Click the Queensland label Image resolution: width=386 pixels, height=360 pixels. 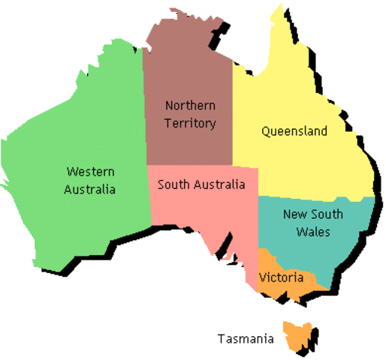[x=294, y=131]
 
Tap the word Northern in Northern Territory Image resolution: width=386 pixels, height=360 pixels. [x=190, y=106]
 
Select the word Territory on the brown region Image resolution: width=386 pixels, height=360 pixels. [x=190, y=123]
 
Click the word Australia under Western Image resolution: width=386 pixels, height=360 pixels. [x=90, y=189]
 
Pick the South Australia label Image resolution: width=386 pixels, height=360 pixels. [x=201, y=184]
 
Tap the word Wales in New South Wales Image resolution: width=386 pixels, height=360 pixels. [x=312, y=232]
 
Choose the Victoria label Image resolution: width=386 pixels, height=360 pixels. [x=281, y=277]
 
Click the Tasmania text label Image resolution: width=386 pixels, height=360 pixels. [x=246, y=339]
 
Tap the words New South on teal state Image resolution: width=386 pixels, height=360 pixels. [x=312, y=214]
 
